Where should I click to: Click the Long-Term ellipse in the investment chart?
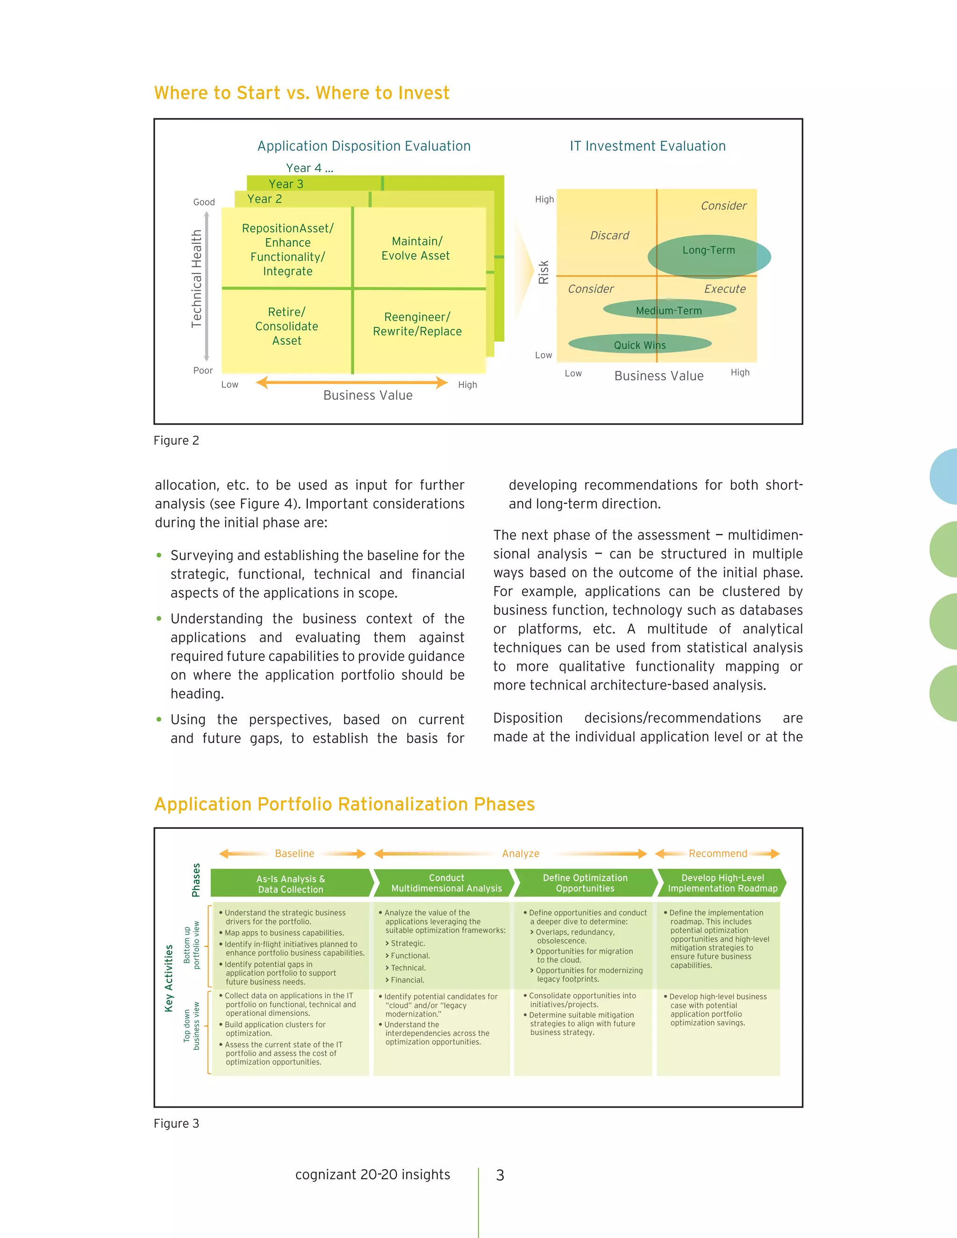[x=709, y=256]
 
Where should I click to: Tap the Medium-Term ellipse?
[x=669, y=309]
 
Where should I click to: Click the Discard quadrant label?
[x=609, y=235]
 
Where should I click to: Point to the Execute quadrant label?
[x=725, y=289]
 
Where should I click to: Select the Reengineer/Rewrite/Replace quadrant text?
[x=417, y=324]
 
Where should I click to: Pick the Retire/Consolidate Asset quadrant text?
[x=287, y=327]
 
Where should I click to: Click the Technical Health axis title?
[x=197, y=278]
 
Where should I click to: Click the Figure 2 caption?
[x=176, y=441]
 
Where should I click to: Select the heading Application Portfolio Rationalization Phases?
[x=344, y=804]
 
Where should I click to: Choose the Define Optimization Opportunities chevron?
[x=585, y=883]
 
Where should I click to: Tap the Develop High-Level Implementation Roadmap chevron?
[x=722, y=883]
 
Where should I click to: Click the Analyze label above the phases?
[x=521, y=854]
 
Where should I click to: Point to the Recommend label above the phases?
[x=718, y=854]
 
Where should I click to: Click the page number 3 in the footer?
[x=500, y=1175]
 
